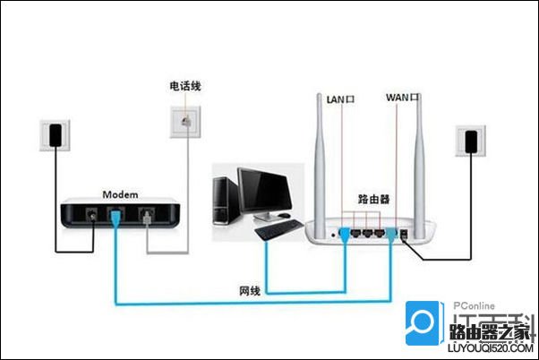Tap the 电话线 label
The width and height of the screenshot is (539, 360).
(184, 86)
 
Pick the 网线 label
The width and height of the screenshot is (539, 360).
(251, 292)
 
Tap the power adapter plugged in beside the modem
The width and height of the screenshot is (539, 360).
(56, 135)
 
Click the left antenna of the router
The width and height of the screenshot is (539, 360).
(320, 152)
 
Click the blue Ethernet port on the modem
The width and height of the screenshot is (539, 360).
(115, 215)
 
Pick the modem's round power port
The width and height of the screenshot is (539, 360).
(90, 215)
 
